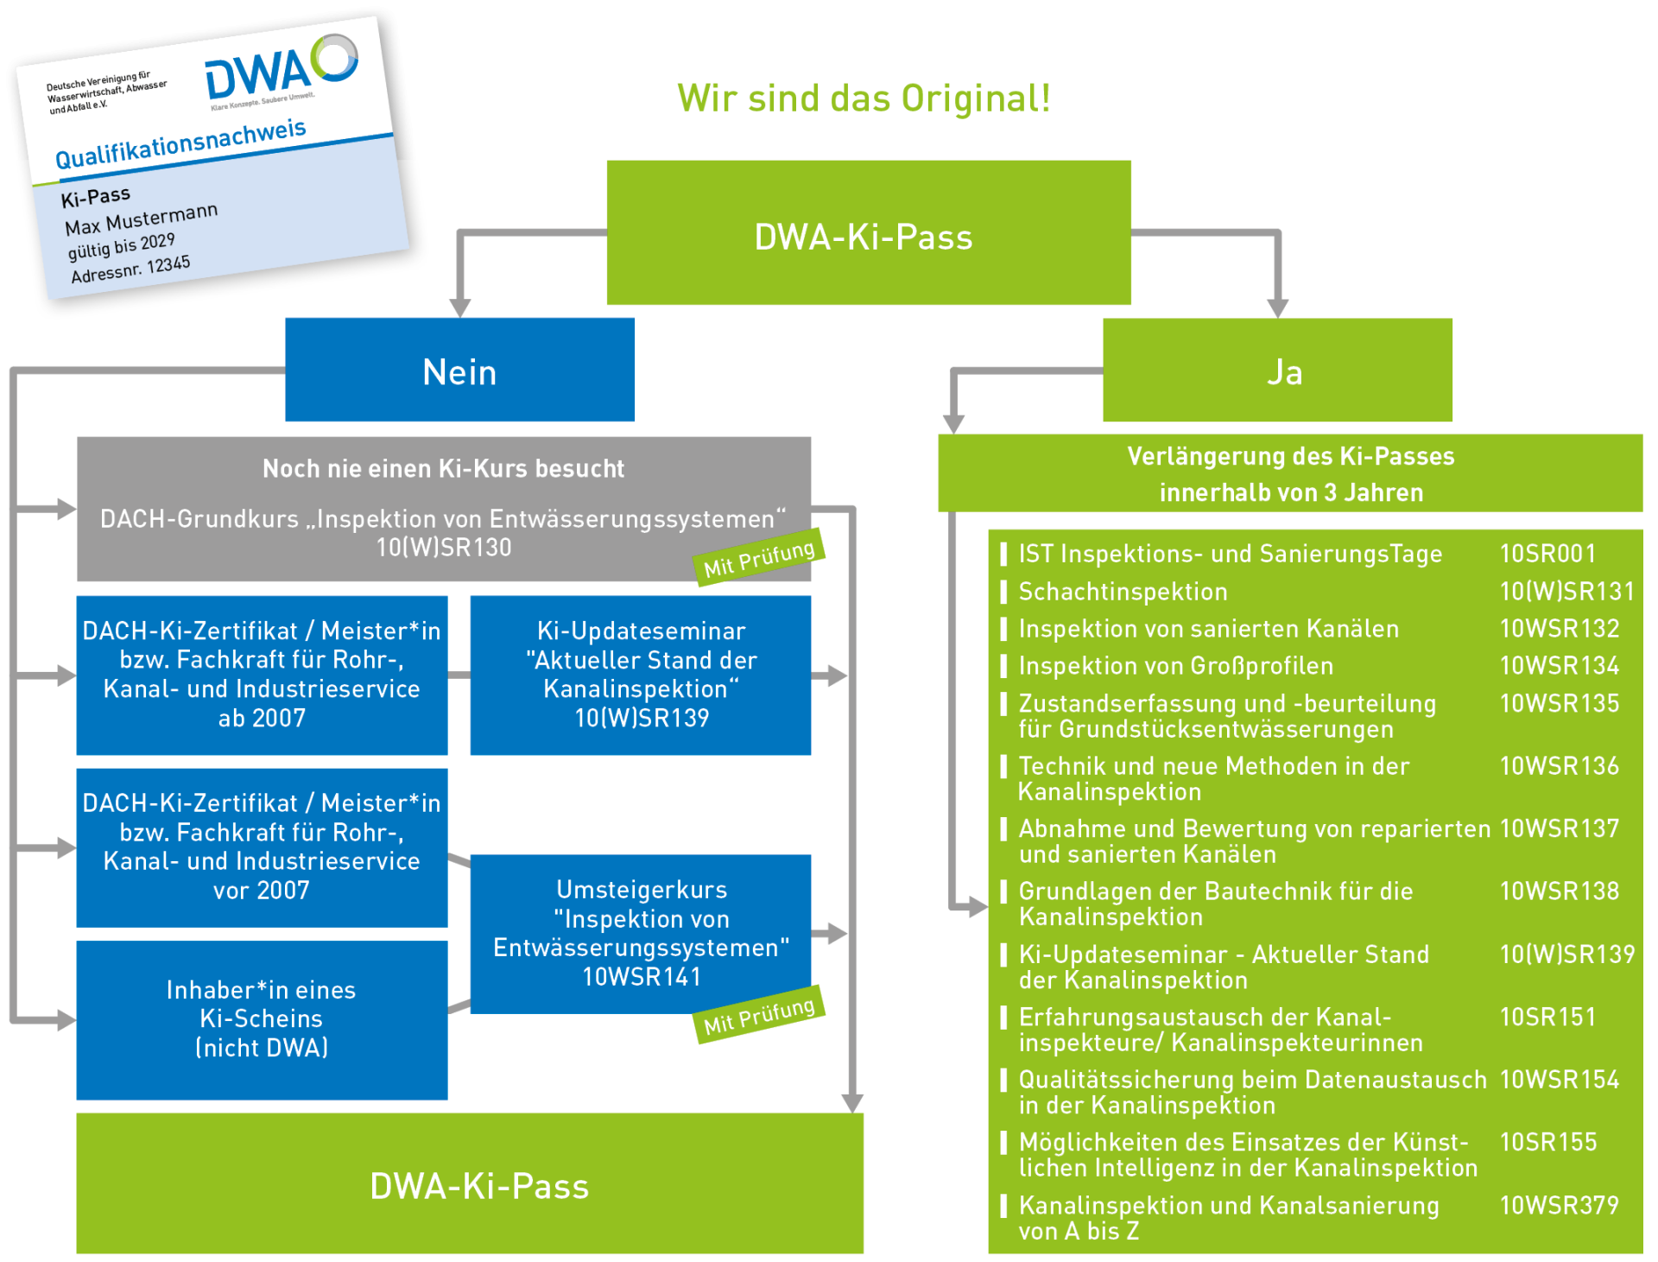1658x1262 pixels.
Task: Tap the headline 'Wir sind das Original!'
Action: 864,98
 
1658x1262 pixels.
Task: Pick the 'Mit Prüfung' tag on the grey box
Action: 759,557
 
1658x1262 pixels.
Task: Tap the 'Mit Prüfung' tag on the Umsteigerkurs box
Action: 759,1015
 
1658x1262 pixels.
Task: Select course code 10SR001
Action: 1547,554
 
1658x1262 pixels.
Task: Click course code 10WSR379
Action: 1559,1205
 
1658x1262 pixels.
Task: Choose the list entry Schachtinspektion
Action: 1123,592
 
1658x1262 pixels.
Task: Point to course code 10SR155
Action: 1548,1142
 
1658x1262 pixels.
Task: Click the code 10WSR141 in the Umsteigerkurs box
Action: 642,977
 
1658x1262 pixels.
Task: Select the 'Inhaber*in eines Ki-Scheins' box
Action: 262,1019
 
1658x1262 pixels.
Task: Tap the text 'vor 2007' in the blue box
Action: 262,891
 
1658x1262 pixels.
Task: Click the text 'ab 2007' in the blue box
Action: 262,719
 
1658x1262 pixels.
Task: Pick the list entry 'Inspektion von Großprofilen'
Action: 1175,666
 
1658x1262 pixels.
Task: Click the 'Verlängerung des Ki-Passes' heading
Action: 1290,456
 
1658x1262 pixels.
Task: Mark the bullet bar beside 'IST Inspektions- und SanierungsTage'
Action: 1003,554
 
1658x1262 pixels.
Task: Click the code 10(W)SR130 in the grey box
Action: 444,548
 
